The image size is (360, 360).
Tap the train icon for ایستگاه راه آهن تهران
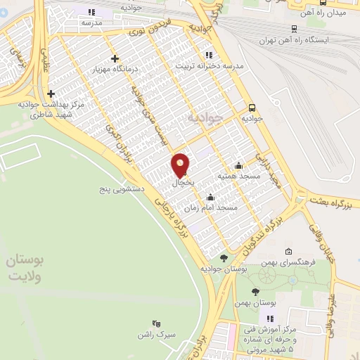[x=293, y=29]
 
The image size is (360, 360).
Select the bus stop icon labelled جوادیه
[x=252, y=108]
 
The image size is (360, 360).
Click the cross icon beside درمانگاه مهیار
[x=115, y=58]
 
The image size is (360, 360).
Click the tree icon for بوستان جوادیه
[x=223, y=259]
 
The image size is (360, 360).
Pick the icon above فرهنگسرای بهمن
[x=288, y=252]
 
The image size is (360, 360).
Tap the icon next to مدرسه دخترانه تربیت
[x=207, y=54]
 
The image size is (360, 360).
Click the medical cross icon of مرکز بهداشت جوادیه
[x=50, y=94]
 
